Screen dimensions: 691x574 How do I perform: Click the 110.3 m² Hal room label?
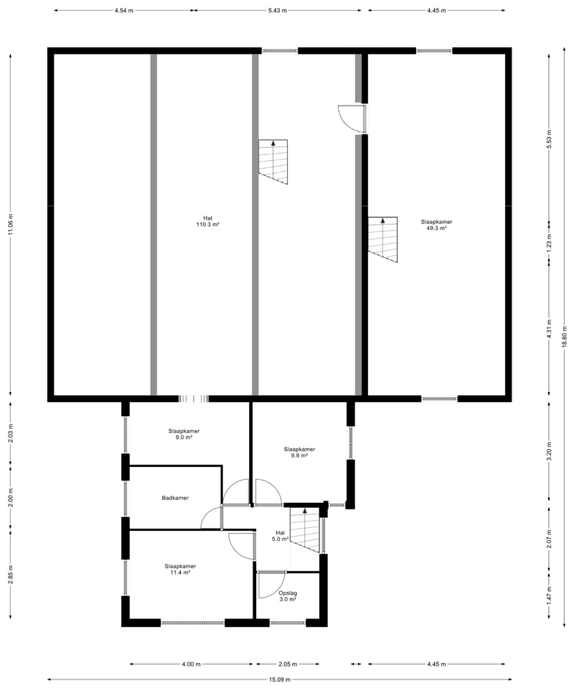click(207, 221)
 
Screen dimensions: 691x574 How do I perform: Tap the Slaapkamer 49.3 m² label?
click(436, 225)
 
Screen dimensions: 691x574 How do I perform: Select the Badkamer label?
click(175, 497)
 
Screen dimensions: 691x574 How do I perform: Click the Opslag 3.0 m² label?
click(288, 596)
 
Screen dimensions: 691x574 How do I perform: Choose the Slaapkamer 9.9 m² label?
click(299, 452)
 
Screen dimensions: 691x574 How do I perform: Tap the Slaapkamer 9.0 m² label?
click(184, 434)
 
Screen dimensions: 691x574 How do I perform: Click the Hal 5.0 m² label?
click(280, 535)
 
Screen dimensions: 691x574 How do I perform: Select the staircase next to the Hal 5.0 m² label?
click(304, 530)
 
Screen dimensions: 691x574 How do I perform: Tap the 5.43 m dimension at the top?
click(278, 11)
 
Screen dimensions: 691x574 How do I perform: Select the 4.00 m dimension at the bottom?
click(191, 664)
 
